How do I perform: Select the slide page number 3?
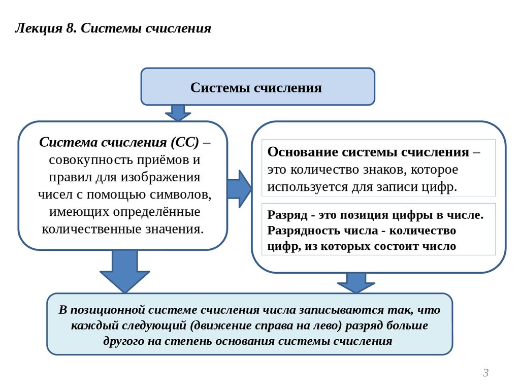485,373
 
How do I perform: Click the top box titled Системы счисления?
257,87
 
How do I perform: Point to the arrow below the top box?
178,112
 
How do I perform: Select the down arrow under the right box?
356,282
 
